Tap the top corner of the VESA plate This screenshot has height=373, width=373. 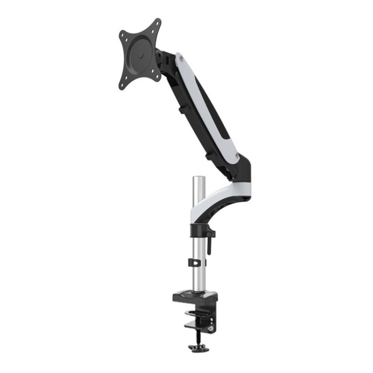tap(157, 23)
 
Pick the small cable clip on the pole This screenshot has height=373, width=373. tap(196, 262)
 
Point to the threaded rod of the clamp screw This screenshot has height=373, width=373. tap(197, 336)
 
